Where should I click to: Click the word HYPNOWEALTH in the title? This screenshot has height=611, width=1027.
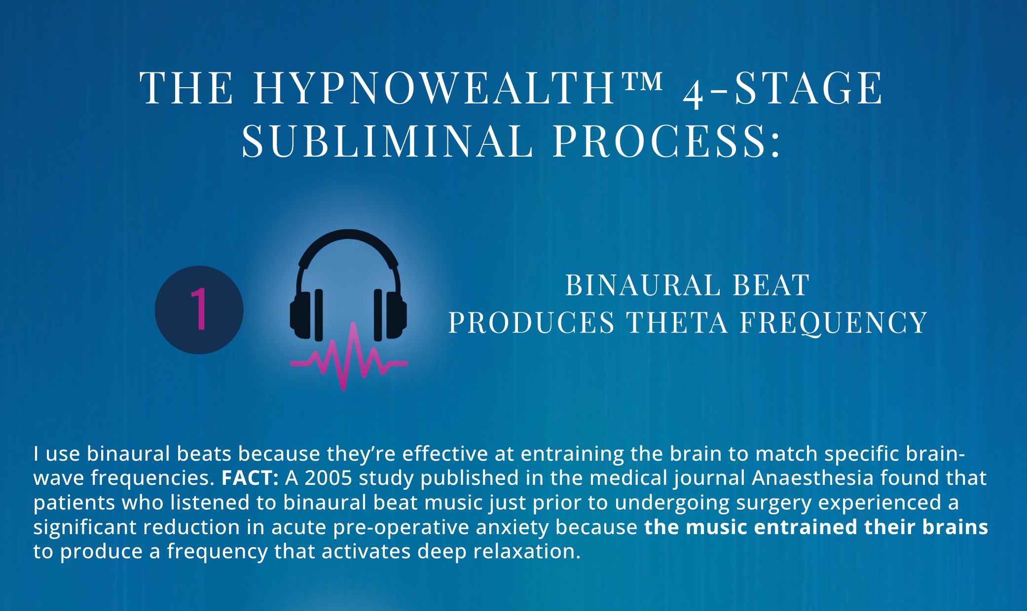coord(435,88)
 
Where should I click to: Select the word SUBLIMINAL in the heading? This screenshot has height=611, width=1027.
coord(387,141)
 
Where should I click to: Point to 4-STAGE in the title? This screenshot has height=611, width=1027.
coord(783,89)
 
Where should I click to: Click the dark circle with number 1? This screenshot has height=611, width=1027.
coord(199,310)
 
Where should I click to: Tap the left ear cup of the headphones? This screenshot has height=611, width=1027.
coord(306,315)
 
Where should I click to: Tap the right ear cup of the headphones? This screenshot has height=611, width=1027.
coord(390,315)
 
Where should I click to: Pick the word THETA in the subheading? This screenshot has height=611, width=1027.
coord(677,323)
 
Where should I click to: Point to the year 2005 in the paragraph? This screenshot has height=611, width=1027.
coord(328,478)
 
